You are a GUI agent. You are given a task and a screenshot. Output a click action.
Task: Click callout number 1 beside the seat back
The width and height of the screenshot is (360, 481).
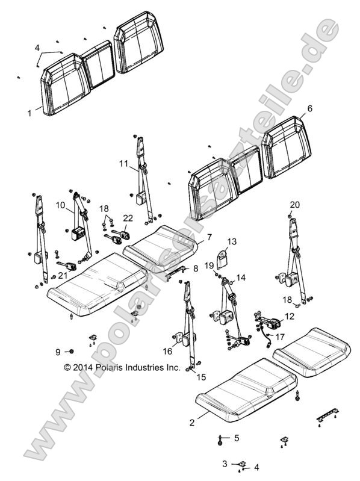30,112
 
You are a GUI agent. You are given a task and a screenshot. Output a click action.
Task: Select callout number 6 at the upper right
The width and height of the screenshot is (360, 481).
310,108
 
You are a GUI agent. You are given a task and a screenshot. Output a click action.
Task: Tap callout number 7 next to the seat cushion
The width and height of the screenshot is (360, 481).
209,237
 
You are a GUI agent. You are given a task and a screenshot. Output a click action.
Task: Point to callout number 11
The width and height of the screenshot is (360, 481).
123,163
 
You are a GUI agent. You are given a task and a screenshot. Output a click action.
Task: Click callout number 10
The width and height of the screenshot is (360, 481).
60,205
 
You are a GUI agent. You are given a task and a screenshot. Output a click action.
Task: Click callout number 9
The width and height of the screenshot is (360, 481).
58,352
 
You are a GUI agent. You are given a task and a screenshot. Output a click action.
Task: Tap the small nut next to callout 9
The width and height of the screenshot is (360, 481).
71,351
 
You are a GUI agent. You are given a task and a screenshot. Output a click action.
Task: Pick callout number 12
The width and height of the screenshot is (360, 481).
290,316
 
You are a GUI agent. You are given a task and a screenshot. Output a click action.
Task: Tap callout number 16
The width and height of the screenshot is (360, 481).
167,351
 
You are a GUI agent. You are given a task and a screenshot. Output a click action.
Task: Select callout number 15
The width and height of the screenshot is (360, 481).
200,377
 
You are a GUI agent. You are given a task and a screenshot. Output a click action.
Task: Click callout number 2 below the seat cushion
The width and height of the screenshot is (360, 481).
192,423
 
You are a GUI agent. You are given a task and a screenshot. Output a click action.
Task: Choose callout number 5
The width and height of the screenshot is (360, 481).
237,438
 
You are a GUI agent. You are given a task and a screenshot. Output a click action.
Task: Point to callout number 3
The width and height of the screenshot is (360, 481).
225,464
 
